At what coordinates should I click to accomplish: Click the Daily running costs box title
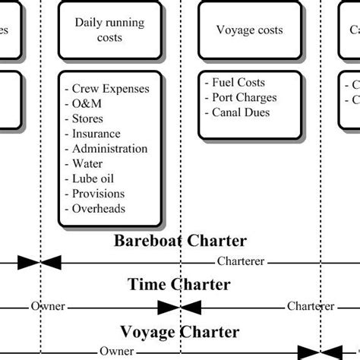109,30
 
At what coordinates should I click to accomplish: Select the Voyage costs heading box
249,30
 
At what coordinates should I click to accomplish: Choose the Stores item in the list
87,118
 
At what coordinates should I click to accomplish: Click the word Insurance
96,134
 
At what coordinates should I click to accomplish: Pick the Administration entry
109,149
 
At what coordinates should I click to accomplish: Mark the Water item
87,163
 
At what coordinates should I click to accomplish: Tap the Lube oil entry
93,178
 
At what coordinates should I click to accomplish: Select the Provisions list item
99,194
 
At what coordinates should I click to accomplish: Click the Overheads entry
99,208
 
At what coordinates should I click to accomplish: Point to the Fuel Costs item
238,82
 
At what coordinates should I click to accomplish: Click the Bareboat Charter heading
180,242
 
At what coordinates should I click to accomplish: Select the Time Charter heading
179,285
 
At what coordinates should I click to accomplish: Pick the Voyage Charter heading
180,332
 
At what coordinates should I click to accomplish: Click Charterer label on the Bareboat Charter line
241,262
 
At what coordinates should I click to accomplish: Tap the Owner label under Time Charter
48,307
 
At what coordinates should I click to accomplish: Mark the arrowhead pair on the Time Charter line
180,307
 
